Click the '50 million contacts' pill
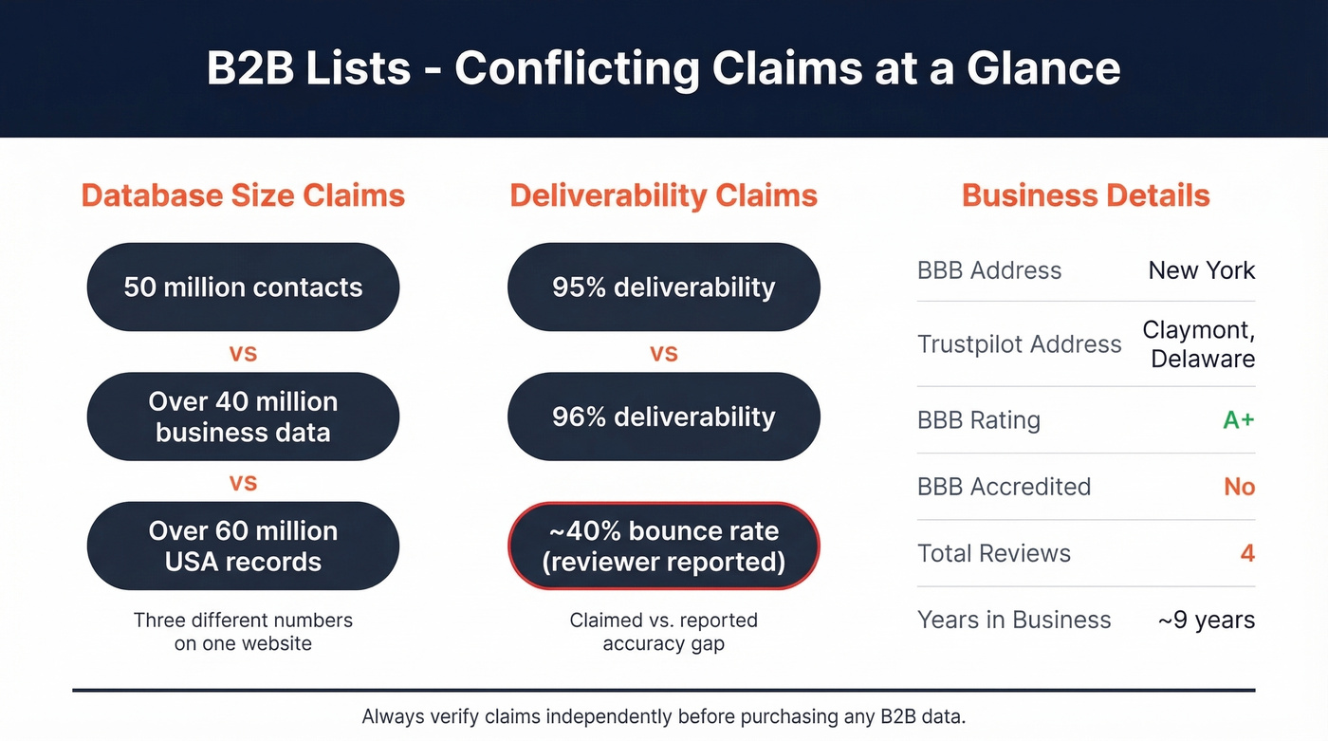click(x=243, y=287)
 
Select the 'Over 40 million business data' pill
click(x=243, y=417)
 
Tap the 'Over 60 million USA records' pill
click(x=243, y=546)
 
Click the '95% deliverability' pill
click(x=663, y=287)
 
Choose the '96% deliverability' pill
click(x=663, y=417)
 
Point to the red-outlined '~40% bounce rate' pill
click(x=663, y=546)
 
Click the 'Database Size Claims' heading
click(x=243, y=195)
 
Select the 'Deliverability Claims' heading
click(x=663, y=195)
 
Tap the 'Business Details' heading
click(x=1085, y=195)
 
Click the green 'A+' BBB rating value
click(x=1238, y=420)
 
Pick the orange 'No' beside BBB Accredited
click(x=1239, y=487)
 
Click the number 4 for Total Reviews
click(x=1247, y=553)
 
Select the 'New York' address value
click(x=1201, y=270)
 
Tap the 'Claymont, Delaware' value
click(x=1198, y=343)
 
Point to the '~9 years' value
click(x=1206, y=621)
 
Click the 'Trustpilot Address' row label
click(x=1019, y=344)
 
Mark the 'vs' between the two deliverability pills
click(x=663, y=354)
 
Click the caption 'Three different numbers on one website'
click(x=243, y=632)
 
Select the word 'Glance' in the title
click(x=1043, y=68)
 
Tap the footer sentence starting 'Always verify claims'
click(x=663, y=717)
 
